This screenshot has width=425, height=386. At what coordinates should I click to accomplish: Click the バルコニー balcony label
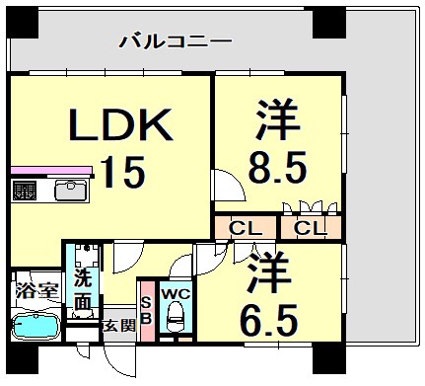(175, 41)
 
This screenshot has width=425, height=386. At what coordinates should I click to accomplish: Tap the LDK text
(120, 126)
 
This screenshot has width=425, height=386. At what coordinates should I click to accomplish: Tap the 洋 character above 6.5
(268, 270)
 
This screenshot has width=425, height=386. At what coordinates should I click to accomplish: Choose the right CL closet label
(311, 229)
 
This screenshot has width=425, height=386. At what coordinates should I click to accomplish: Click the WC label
(175, 293)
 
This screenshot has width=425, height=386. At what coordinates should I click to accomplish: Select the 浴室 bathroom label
(35, 291)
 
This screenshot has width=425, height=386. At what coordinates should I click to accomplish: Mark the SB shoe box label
(146, 311)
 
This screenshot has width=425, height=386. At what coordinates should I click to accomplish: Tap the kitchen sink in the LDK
(71, 189)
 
